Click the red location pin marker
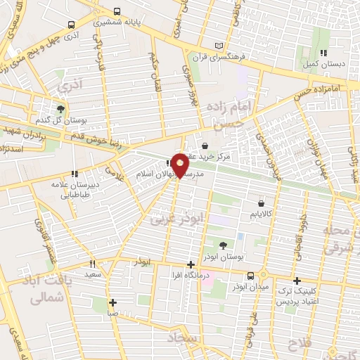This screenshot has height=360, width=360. (181, 165)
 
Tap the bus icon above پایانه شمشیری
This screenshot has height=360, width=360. (115, 12)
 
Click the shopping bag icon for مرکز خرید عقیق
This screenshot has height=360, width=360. (205, 146)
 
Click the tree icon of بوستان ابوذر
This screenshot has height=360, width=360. (222, 245)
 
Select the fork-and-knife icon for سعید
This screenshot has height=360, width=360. (92, 264)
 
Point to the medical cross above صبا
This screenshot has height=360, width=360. (112, 303)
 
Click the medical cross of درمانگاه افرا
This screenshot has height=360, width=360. (191, 264)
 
